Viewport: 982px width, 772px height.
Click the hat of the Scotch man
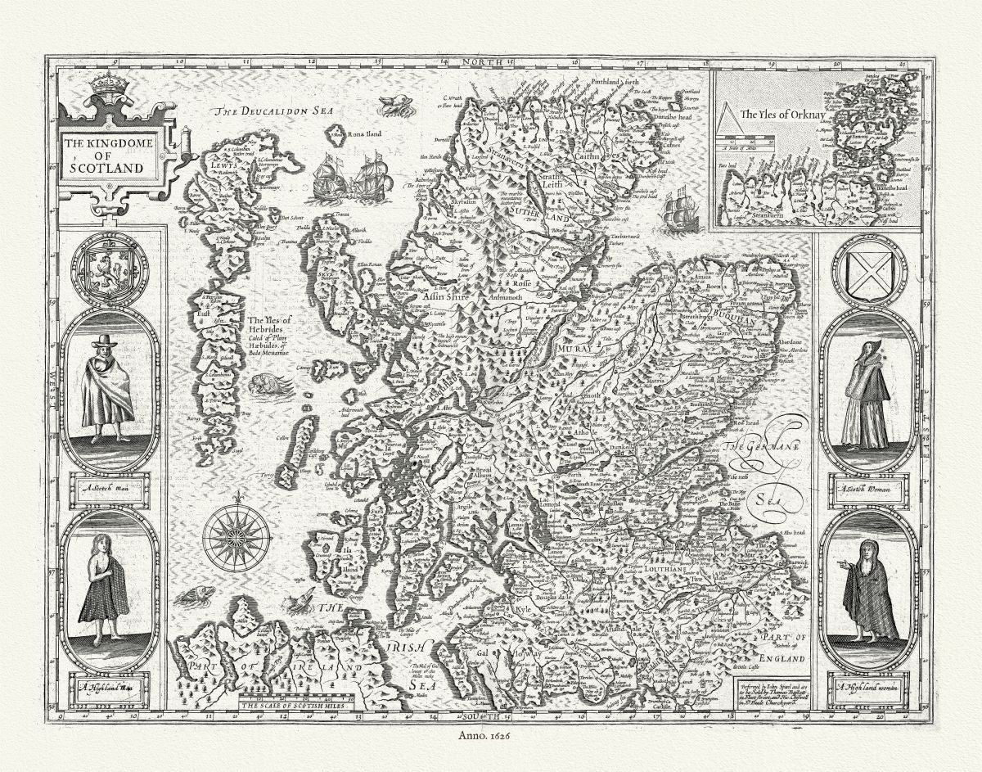pos(104,340)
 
